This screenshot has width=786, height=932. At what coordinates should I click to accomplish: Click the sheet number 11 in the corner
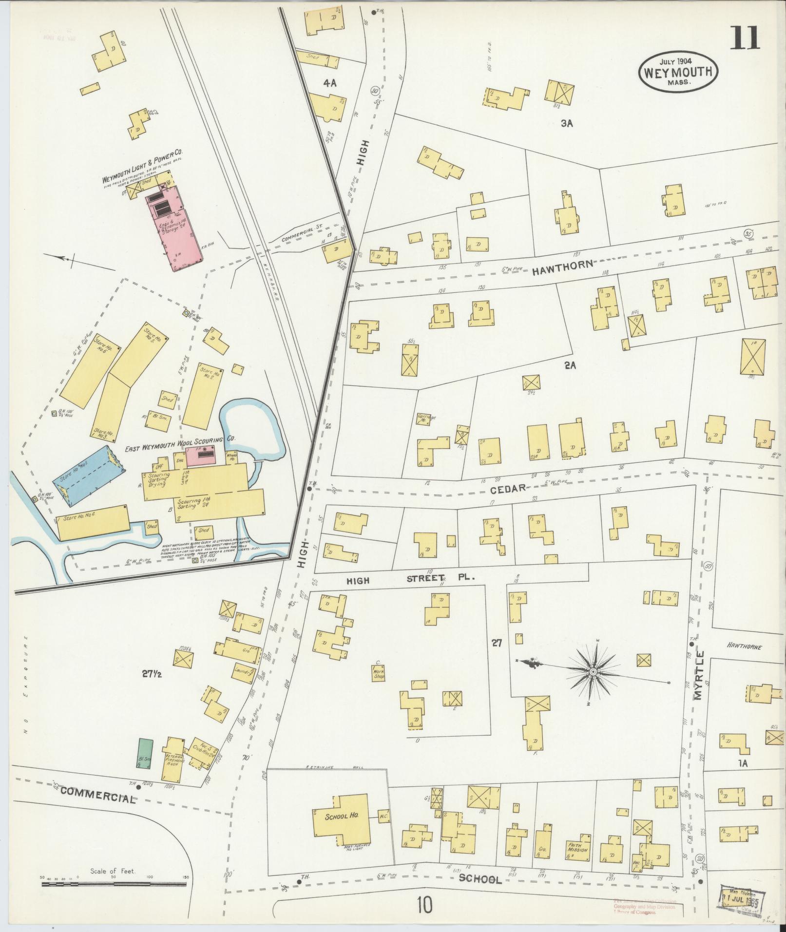pyautogui.click(x=745, y=38)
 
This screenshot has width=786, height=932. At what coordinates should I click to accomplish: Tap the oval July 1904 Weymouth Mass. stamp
pyautogui.click(x=678, y=72)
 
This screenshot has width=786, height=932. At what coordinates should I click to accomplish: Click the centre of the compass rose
pyautogui.click(x=593, y=673)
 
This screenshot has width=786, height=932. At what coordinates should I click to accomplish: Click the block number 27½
pyautogui.click(x=152, y=674)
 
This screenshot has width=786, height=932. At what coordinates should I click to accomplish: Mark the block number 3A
pyautogui.click(x=566, y=124)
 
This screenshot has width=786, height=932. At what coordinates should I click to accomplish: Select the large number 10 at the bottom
pyautogui.click(x=424, y=906)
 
